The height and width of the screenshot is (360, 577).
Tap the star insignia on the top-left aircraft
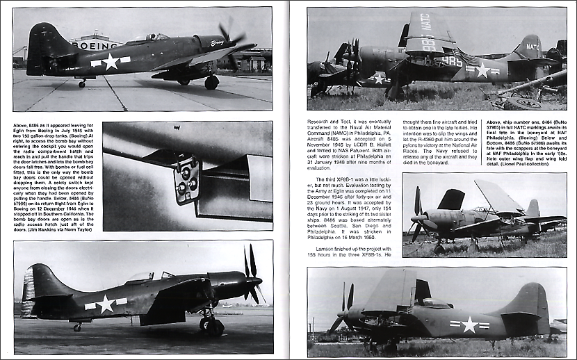111,61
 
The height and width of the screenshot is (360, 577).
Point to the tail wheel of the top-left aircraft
82,83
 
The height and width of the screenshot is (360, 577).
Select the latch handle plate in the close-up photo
186,179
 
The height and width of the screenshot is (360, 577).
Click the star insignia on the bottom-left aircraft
106,304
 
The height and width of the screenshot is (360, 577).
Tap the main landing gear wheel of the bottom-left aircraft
211,323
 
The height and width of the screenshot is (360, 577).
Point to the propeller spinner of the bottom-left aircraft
258,281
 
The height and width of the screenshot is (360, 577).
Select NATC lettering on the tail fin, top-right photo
532,47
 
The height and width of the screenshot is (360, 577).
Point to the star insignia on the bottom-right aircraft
469,324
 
